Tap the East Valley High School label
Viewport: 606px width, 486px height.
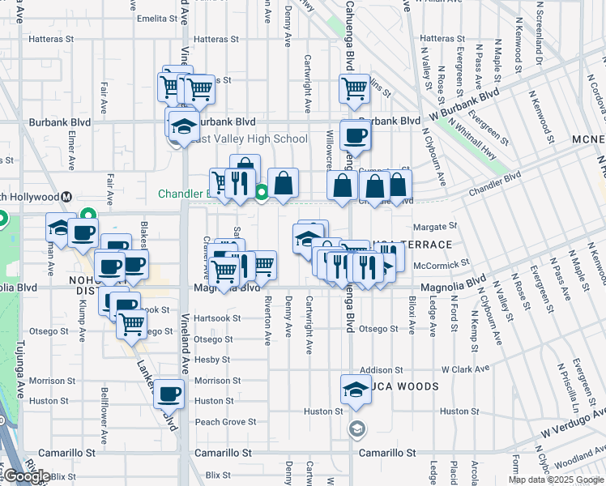[247, 139]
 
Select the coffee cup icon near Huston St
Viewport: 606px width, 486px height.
[169, 394]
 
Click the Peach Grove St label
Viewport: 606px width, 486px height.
[225, 422]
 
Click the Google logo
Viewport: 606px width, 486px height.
[27, 475]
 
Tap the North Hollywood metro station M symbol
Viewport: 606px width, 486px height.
[67, 197]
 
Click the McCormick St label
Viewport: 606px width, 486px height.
[441, 264]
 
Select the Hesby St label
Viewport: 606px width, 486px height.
[212, 360]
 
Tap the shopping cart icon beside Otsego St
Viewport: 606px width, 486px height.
[131, 325]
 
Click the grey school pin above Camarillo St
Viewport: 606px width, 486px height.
[355, 428]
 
